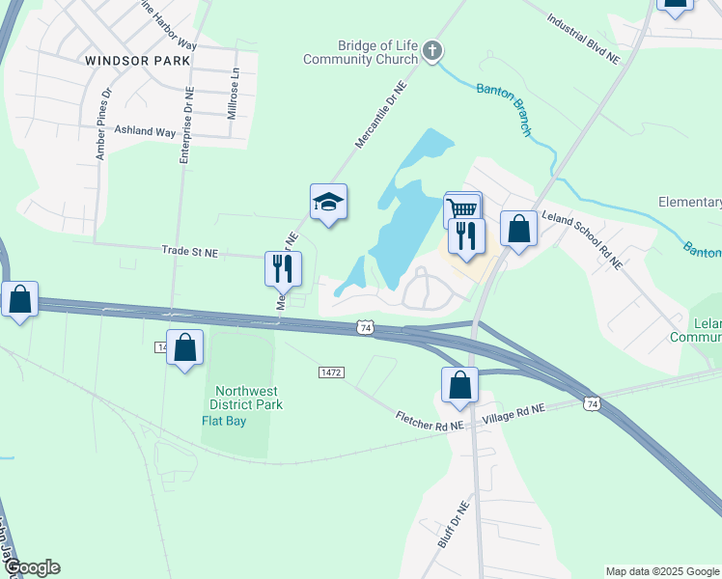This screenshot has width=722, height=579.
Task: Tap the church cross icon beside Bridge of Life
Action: [433, 50]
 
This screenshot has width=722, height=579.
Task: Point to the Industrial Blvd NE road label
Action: [583, 38]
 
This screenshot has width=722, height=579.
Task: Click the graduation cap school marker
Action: [328, 203]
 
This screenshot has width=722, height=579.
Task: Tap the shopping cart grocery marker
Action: [462, 208]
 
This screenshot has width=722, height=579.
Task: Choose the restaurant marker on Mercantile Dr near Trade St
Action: [284, 267]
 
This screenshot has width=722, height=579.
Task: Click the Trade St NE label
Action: [189, 253]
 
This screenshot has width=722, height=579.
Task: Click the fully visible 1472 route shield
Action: [331, 372]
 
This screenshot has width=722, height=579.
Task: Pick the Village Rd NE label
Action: [514, 409]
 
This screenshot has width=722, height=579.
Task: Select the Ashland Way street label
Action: [145, 130]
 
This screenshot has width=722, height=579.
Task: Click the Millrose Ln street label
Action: [232, 94]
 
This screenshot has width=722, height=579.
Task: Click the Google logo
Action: [32, 567]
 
